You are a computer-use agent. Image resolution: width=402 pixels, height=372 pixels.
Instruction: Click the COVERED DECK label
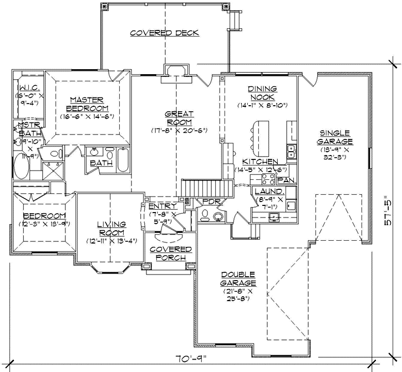[x=164, y=33]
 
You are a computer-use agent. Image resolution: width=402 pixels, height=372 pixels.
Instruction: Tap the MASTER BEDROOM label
[x=87, y=104]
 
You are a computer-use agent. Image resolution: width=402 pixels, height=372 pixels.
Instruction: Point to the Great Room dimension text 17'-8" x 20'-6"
[x=179, y=131]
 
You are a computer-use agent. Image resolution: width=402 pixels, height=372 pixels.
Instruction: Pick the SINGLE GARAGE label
[x=335, y=137]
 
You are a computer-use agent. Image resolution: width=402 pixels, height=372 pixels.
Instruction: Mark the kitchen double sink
[x=290, y=149]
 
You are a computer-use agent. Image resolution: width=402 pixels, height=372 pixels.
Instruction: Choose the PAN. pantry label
[x=286, y=180]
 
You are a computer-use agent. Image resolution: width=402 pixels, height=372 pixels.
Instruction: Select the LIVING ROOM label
[x=111, y=228]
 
